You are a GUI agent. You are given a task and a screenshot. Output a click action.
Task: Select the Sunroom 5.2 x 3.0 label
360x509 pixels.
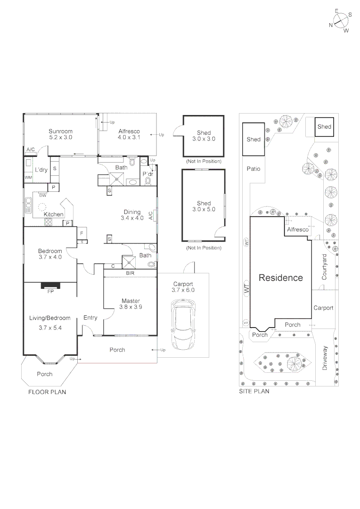click(x=61, y=134)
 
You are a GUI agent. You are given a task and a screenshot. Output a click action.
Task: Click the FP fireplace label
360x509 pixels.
click(x=50, y=291)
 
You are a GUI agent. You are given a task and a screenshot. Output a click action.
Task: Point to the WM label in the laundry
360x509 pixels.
click(x=28, y=178)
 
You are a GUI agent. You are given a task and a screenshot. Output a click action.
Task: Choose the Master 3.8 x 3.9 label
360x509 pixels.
click(x=131, y=304)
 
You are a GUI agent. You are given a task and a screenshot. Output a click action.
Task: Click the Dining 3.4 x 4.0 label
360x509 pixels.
click(x=132, y=215)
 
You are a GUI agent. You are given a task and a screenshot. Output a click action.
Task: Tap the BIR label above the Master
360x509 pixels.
click(x=130, y=273)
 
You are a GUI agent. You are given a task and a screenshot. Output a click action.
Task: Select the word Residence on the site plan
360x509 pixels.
click(x=281, y=278)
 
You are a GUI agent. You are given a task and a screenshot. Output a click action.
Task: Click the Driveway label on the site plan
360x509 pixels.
click(x=325, y=358)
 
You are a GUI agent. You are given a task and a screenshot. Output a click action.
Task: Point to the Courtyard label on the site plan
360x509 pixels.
click(x=324, y=267)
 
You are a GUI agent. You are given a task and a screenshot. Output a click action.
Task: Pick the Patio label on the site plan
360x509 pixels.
click(x=254, y=169)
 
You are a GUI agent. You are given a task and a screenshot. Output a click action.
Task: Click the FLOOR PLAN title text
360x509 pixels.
click(x=47, y=392)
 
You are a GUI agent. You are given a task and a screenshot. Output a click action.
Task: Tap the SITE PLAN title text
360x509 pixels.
click(x=254, y=391)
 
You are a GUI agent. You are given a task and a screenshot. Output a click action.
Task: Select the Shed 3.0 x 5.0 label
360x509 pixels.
click(x=204, y=206)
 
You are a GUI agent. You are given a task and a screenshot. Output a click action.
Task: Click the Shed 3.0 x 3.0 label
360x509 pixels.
click(x=204, y=136)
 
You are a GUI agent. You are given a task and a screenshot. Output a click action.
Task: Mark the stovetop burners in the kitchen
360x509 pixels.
click(x=48, y=222)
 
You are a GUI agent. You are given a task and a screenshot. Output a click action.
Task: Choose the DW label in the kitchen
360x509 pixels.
click(x=43, y=195)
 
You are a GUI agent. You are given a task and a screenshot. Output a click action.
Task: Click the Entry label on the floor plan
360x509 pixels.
click(x=90, y=318)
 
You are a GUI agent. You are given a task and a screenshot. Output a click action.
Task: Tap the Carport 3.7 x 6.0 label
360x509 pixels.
click(x=184, y=287)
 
